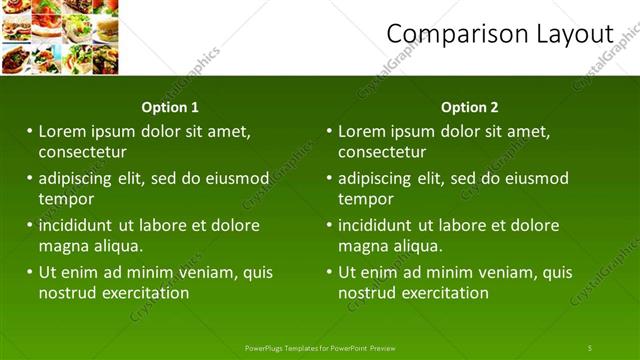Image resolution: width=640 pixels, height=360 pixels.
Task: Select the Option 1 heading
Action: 171,107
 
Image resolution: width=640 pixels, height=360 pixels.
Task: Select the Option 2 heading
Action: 469,107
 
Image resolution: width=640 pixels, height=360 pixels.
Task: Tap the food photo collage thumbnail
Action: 60,38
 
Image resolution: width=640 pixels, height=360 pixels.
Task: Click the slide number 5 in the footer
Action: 590,348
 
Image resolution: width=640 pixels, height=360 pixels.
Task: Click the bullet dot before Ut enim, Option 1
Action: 30,271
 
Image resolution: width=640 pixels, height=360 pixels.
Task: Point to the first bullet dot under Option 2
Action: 330,131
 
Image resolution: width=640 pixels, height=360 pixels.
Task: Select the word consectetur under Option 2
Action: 382,152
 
